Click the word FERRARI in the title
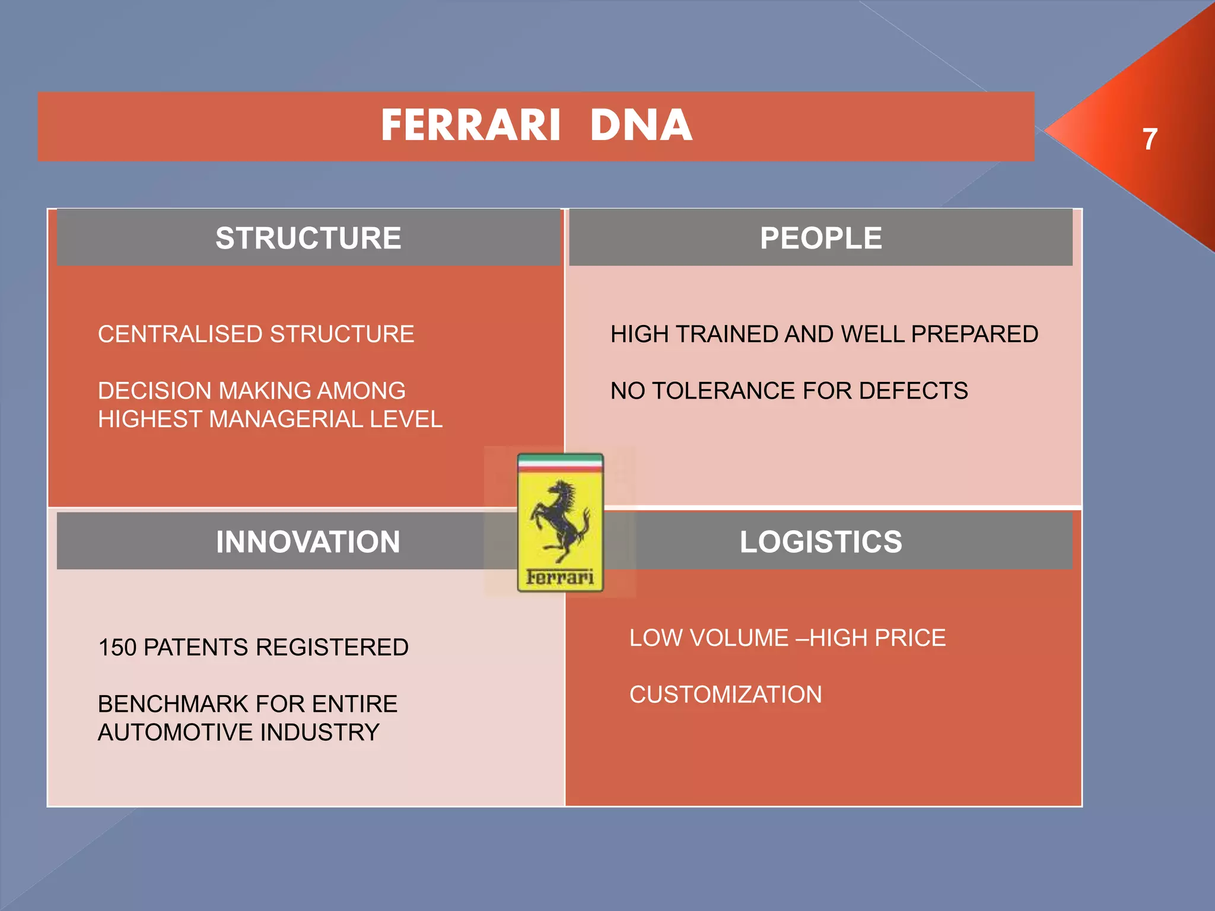[x=470, y=126]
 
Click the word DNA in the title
[x=641, y=126]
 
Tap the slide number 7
[x=1150, y=139]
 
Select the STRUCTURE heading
[x=308, y=238]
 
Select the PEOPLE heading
[x=820, y=238]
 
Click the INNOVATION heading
[x=308, y=541]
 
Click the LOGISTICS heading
[x=820, y=541]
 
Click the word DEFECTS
[x=913, y=391]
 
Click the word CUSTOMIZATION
[x=726, y=695]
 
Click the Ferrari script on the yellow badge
[x=560, y=576]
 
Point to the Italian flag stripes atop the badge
[x=560, y=463]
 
